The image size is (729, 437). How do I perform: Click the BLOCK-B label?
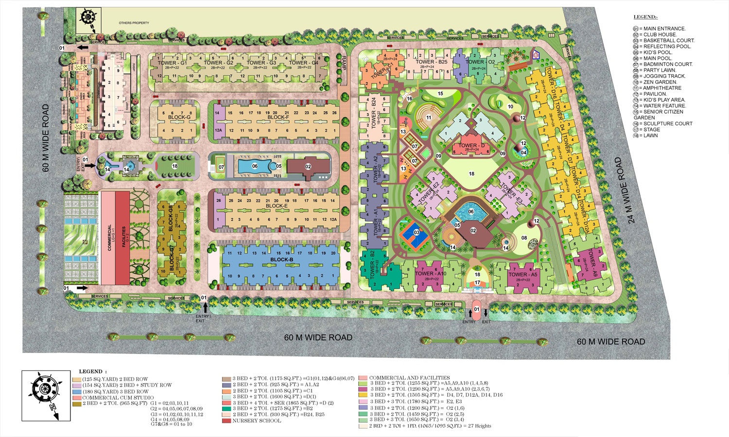click(281, 260)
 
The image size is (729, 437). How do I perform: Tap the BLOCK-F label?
click(278, 117)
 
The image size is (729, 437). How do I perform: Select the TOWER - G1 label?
click(172, 63)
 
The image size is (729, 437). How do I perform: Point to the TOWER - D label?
click(472, 145)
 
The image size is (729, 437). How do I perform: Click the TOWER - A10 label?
click(431, 274)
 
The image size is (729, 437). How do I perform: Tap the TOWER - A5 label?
click(522, 274)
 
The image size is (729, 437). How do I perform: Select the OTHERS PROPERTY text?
click(134, 23)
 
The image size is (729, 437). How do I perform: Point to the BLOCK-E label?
click(277, 206)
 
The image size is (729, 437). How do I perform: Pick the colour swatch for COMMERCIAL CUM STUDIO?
click(76, 398)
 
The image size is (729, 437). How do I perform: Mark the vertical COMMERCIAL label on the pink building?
click(110, 237)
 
